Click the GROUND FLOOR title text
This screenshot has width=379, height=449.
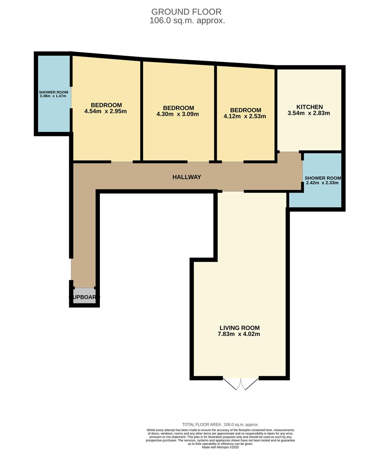[x=186, y=12]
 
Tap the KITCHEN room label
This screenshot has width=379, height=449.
[x=309, y=107]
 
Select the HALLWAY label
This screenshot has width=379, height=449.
[x=187, y=177]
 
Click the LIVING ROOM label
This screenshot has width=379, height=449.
[x=240, y=327]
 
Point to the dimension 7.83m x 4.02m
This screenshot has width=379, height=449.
[x=240, y=334]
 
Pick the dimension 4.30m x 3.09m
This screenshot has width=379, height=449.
[x=178, y=114]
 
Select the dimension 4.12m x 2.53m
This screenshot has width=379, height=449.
[x=245, y=116]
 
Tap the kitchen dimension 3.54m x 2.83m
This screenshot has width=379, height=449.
[x=309, y=113]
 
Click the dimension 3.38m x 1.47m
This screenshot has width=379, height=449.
[x=53, y=96]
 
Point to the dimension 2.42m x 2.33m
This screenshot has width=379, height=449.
[x=322, y=183]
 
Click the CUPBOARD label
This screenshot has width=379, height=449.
[x=84, y=297]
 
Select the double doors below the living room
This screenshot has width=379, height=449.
[x=240, y=384]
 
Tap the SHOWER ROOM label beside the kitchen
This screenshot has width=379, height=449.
[x=322, y=178]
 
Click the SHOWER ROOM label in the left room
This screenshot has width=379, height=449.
[x=53, y=92]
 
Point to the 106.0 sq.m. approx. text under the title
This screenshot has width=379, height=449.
[x=187, y=20]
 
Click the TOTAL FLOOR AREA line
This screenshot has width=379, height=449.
[x=220, y=424]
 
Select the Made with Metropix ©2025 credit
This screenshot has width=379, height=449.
[x=220, y=447]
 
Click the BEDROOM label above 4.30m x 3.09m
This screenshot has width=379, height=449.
[x=178, y=108]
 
